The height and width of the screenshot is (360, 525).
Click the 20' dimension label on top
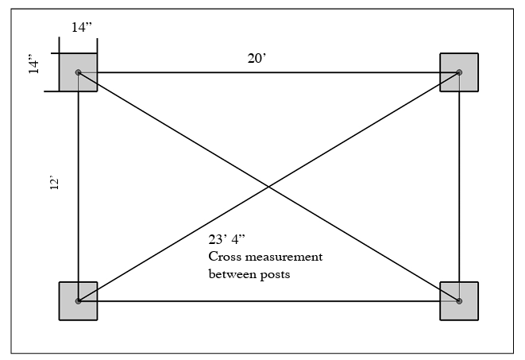coord(256,58)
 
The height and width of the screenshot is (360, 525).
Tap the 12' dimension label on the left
coord(53,184)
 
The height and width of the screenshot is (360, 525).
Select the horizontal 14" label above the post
coord(82,27)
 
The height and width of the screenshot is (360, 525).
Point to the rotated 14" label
coord(34,64)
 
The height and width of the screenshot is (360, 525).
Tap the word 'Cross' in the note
coord(225,257)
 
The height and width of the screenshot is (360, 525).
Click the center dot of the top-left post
coord(78,72)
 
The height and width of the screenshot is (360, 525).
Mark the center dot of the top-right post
coord(459,72)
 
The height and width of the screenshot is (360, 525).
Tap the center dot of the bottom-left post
coord(78,301)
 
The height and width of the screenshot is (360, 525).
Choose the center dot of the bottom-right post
coord(459,301)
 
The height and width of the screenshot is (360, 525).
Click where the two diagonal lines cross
coord(268,187)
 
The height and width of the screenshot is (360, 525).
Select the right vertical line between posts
coord(459,187)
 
